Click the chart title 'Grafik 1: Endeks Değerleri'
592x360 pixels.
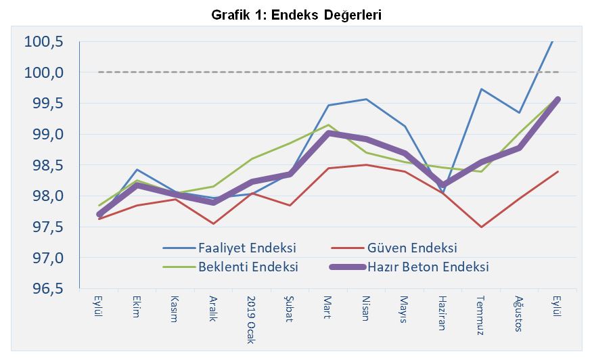tap(296, 15)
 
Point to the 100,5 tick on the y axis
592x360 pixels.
tap(44, 42)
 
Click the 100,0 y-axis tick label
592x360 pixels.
tap(44, 72)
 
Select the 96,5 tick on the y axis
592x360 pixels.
tap(45, 289)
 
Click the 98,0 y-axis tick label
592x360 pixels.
tap(45, 196)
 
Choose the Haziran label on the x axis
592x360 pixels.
tap(442, 312)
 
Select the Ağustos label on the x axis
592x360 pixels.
tap(519, 312)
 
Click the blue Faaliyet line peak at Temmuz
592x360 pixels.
tap(481, 89)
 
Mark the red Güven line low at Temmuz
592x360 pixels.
tap(481, 227)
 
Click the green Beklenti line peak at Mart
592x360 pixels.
tap(328, 125)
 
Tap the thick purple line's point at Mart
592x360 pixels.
tap(328, 134)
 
